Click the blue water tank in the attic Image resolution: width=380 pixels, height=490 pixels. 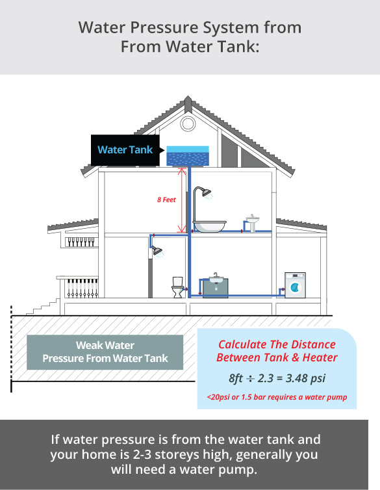tap(188, 156)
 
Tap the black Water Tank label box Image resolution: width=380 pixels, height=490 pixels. tap(126, 150)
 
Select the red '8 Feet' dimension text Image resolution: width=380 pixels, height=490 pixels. tap(166, 200)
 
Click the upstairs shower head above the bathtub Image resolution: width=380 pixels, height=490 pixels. tap(207, 192)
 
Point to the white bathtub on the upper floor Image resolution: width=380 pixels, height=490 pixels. tap(209, 226)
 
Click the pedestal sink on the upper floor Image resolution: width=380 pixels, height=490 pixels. tap(252, 223)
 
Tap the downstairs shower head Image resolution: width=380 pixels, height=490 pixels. tap(157, 250)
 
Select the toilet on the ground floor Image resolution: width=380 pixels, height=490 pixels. tap(178, 287)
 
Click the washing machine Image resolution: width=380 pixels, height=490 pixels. tap(295, 285)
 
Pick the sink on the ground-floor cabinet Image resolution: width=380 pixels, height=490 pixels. tap(216, 279)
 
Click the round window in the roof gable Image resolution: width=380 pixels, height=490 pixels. tap(188, 123)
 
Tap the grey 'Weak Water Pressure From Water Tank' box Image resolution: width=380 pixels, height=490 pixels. tap(105, 352)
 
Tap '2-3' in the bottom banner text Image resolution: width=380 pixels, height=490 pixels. tap(142, 454)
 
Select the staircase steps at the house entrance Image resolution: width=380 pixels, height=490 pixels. tap(43, 307)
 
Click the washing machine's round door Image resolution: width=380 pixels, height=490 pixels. tap(295, 287)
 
